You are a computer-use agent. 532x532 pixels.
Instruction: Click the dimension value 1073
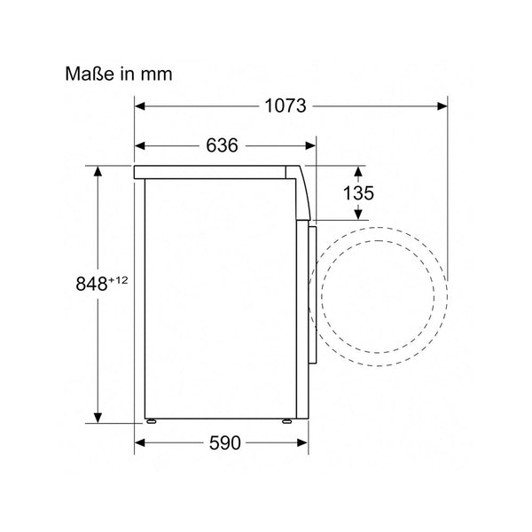285,106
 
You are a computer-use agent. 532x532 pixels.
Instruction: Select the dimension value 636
223,145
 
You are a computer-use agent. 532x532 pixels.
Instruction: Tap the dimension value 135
358,193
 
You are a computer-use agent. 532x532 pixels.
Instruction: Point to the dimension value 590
224,442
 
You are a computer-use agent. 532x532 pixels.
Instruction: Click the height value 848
91,284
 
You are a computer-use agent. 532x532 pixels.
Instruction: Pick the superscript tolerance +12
118,280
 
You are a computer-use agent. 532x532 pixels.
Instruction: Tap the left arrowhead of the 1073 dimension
140,106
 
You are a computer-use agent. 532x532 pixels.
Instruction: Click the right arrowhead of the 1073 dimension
442,106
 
